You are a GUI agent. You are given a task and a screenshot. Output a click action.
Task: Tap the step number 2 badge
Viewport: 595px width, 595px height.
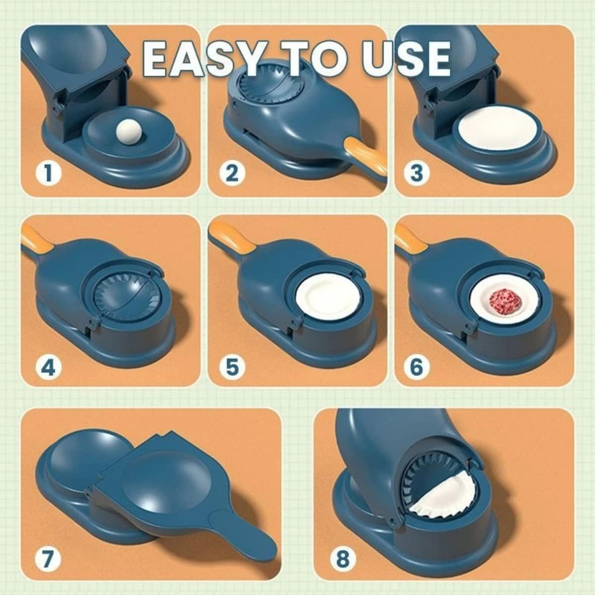coord(232,173)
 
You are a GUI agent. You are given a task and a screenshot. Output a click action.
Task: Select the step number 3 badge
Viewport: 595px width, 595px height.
coord(416,173)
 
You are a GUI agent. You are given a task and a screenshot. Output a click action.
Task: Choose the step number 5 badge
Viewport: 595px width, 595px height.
coord(232,367)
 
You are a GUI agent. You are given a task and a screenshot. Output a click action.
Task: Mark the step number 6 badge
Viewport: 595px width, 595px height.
coord(416,367)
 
